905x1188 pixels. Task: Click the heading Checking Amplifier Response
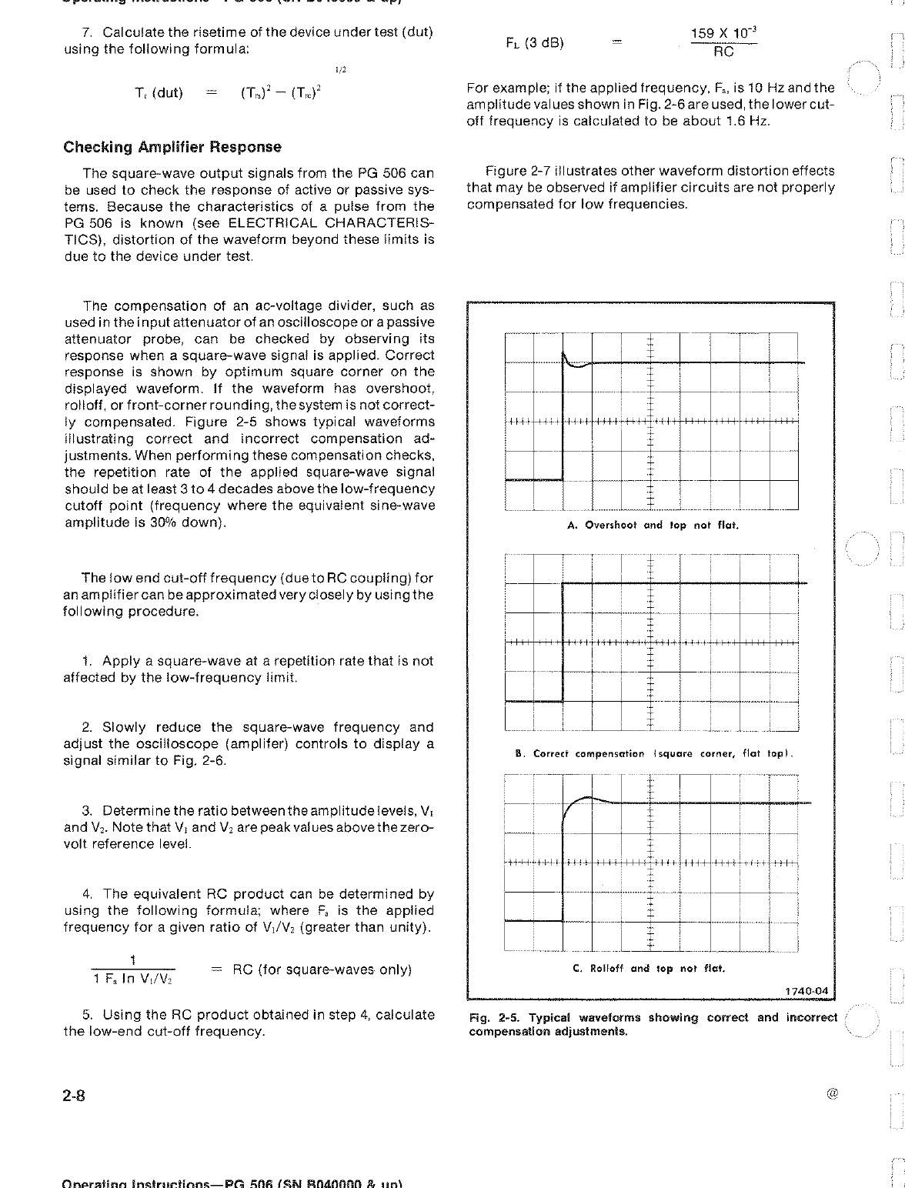click(172, 147)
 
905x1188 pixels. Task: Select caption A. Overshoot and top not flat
click(653, 526)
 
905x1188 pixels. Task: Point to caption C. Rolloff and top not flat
click(650, 969)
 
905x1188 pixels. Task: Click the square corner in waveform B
click(564, 584)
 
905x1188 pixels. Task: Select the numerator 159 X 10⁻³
click(723, 34)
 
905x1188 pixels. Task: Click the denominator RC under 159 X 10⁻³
click(723, 52)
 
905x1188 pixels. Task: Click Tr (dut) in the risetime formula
click(159, 93)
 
